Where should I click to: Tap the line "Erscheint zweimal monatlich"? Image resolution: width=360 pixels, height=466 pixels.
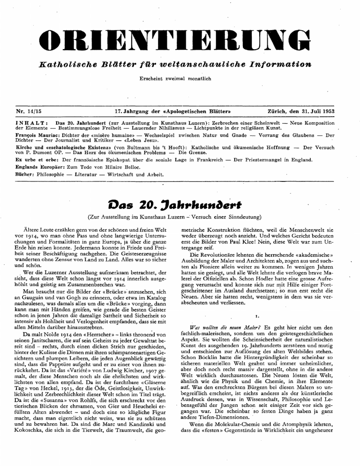click(x=180, y=77)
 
